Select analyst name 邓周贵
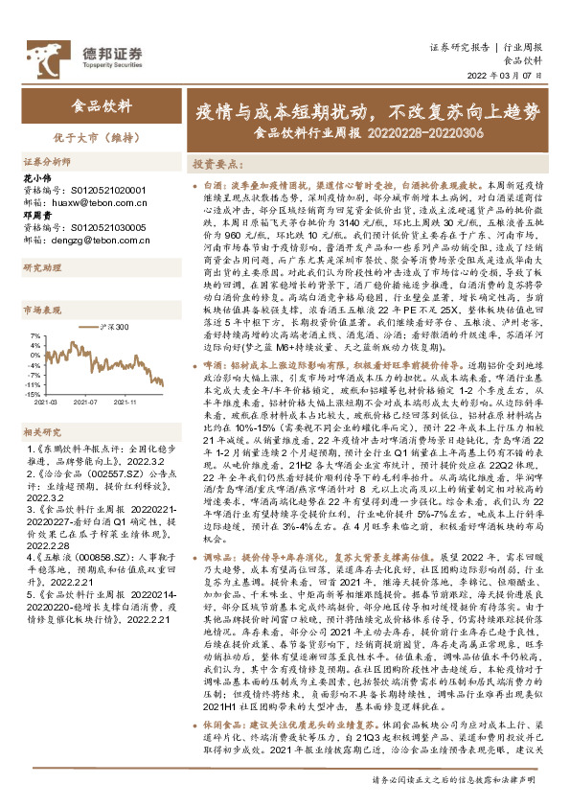[x=36, y=218]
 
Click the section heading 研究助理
[x=40, y=268]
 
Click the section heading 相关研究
[x=40, y=405]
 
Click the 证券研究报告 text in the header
[x=455, y=46]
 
